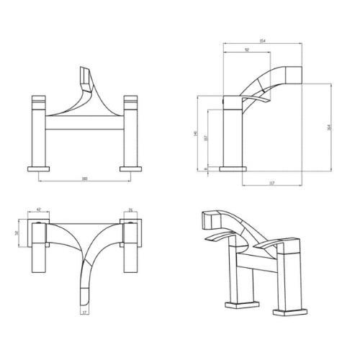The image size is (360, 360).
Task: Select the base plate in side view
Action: (229, 168)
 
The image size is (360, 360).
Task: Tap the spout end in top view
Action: (85, 295)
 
